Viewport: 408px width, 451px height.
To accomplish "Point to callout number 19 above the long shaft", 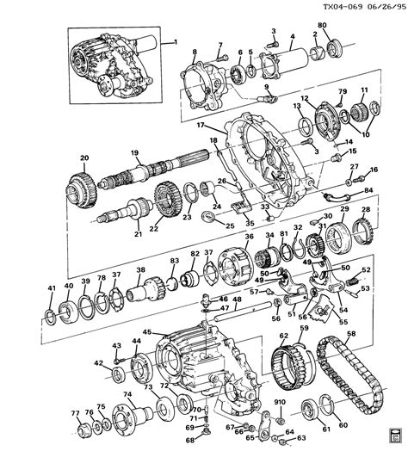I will point(134,153).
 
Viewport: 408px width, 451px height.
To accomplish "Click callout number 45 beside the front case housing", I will point(147,332).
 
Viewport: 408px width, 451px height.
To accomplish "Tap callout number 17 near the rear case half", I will point(201,126).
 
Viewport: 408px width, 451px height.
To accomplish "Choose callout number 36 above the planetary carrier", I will point(248,238).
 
